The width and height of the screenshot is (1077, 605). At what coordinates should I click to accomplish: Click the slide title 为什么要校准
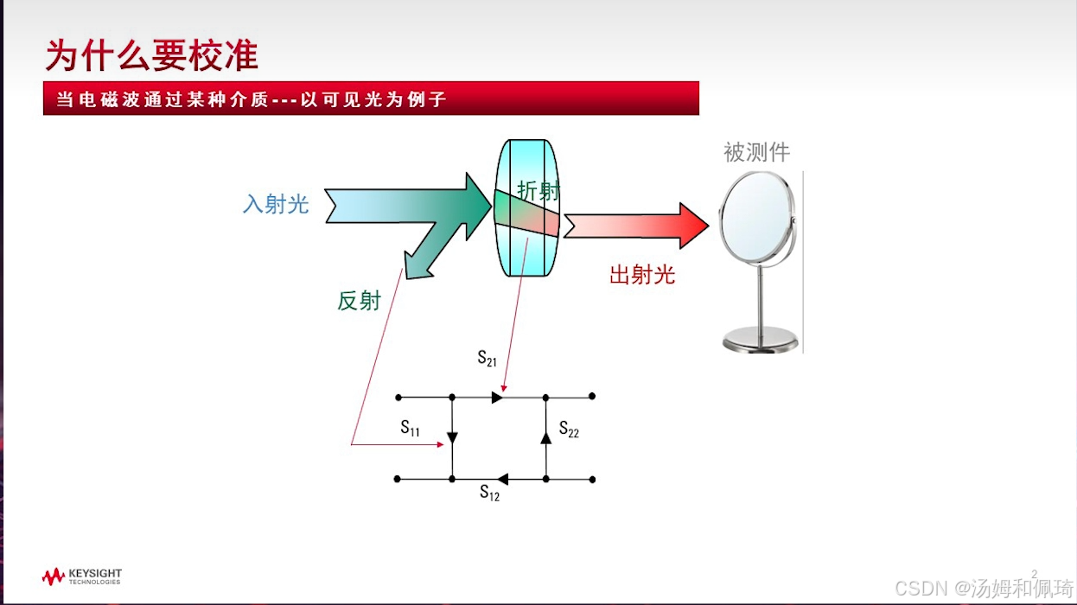[x=152, y=54]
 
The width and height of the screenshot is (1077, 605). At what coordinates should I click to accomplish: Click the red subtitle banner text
[x=251, y=99]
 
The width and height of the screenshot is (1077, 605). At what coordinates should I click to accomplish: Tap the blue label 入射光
[x=276, y=204]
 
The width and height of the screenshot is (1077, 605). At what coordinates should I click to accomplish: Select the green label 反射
[x=359, y=301]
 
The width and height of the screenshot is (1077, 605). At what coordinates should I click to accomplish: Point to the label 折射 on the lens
[x=538, y=191]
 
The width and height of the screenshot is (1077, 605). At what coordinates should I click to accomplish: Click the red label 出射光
[x=641, y=275]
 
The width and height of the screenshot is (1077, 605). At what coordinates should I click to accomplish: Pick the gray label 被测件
[x=756, y=153]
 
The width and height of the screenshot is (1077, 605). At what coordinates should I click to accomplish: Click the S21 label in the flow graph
[x=488, y=358]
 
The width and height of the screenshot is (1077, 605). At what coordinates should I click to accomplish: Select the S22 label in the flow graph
[x=569, y=429]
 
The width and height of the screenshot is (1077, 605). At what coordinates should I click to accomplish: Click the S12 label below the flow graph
[x=489, y=493]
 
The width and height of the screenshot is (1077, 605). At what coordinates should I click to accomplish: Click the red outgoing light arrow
[x=640, y=226]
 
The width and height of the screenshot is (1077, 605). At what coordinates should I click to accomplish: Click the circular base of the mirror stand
[x=760, y=339]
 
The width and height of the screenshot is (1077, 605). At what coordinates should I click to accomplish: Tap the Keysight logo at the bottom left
[x=82, y=576]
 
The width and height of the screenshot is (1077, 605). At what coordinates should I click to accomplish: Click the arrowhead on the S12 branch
[x=504, y=479]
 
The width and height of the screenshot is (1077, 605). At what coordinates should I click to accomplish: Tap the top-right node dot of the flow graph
[x=592, y=396]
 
